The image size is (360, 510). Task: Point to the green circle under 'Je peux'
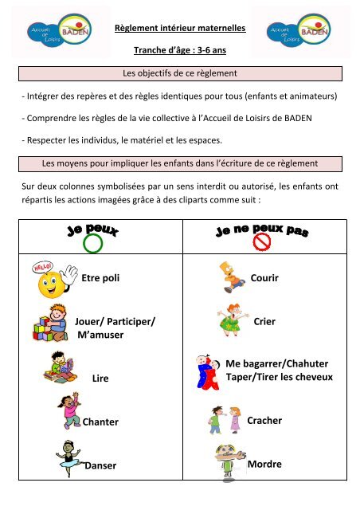point(92,242)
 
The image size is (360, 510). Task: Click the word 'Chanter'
point(100,422)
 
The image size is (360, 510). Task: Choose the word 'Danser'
point(100,465)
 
